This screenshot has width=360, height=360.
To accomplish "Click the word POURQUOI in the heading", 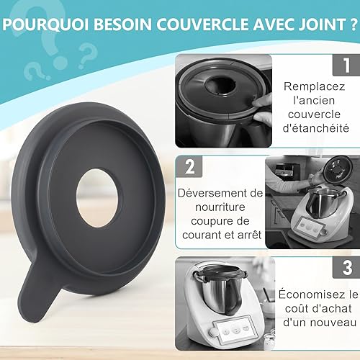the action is click(x=46, y=24).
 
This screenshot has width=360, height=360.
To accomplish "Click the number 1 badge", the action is click(x=346, y=65).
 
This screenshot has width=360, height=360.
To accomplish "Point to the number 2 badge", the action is click(x=189, y=166).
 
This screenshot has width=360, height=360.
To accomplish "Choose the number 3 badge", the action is click(x=346, y=267).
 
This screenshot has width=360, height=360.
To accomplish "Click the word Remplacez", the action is click(x=315, y=86).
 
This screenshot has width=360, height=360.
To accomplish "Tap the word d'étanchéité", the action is click(x=316, y=128).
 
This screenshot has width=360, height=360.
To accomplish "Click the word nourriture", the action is click(x=220, y=207).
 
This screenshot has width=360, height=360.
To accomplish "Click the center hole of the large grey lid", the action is click(x=97, y=199).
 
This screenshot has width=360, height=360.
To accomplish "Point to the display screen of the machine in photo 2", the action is click(x=307, y=228).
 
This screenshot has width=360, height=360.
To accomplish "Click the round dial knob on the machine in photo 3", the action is click(x=212, y=333).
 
